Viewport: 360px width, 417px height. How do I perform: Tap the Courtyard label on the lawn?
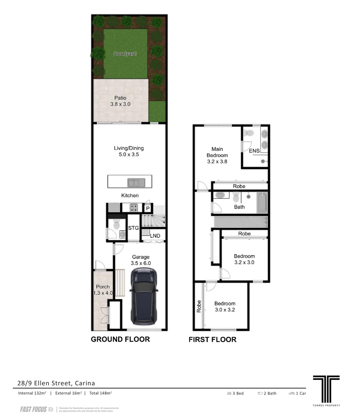pyautogui.click(x=125, y=54)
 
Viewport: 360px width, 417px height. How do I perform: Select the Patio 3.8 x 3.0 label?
pyautogui.click(x=120, y=101)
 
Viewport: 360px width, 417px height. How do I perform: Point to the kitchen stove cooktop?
pyautogui.click(x=134, y=208)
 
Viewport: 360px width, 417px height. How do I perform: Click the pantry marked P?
pyautogui.click(x=148, y=208)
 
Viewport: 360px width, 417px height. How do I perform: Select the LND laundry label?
pyautogui.click(x=155, y=236)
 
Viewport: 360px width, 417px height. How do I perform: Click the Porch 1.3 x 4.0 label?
pyautogui.click(x=103, y=290)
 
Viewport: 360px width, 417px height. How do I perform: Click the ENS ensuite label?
pyautogui.click(x=254, y=151)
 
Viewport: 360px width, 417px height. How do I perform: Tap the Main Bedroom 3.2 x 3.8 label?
pyautogui.click(x=217, y=155)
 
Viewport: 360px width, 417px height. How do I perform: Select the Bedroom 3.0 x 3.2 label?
pyautogui.click(x=225, y=307)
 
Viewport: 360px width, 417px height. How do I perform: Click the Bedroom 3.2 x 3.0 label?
pyautogui.click(x=244, y=259)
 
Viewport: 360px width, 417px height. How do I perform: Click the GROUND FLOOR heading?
pyautogui.click(x=120, y=339)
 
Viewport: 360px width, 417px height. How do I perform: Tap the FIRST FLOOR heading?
pyautogui.click(x=212, y=340)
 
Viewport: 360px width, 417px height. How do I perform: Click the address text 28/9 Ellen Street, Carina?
pyautogui.click(x=56, y=383)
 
